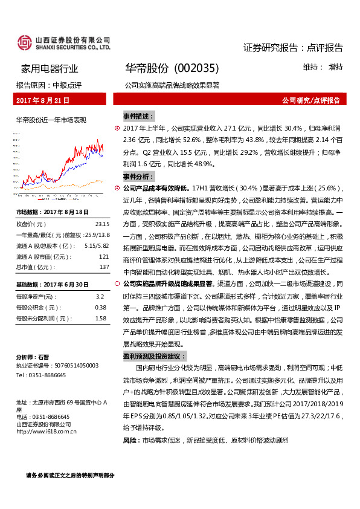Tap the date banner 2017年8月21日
43,100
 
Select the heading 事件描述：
138,115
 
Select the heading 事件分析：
138,177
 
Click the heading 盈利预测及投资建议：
155,356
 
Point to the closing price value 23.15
101,223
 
